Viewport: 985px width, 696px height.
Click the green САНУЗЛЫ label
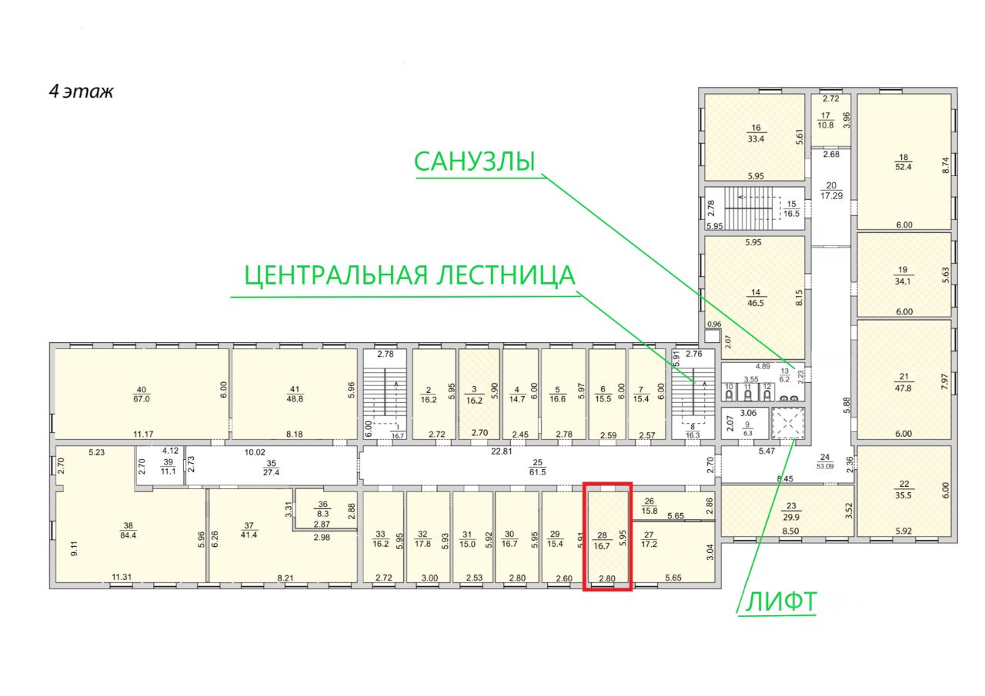coord(474,162)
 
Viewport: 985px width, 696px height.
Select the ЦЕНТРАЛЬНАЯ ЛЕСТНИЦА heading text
coord(409,275)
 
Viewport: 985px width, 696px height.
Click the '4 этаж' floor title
coord(82,92)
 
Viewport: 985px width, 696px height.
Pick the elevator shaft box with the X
coord(788,424)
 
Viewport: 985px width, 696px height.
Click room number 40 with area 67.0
coord(140,393)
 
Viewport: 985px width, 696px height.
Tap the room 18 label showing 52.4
coord(903,164)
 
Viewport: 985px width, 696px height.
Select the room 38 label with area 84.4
coord(127,531)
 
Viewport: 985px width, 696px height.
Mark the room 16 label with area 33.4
coord(756,134)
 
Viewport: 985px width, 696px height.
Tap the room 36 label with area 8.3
coord(323,509)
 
